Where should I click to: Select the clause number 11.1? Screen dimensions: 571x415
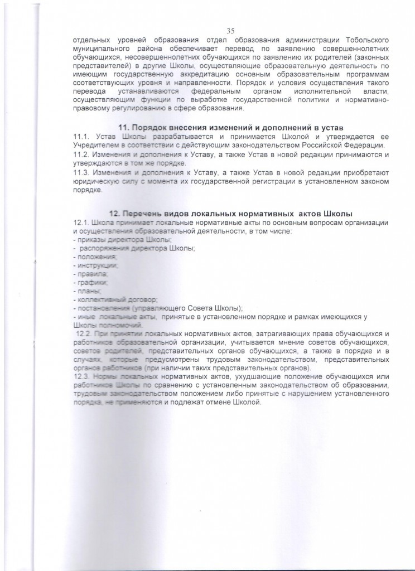(81, 137)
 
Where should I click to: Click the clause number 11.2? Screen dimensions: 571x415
(81, 153)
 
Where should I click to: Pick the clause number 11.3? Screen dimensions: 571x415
(81, 173)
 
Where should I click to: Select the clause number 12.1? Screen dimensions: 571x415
(81, 223)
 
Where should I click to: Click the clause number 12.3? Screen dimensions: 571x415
(81, 378)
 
